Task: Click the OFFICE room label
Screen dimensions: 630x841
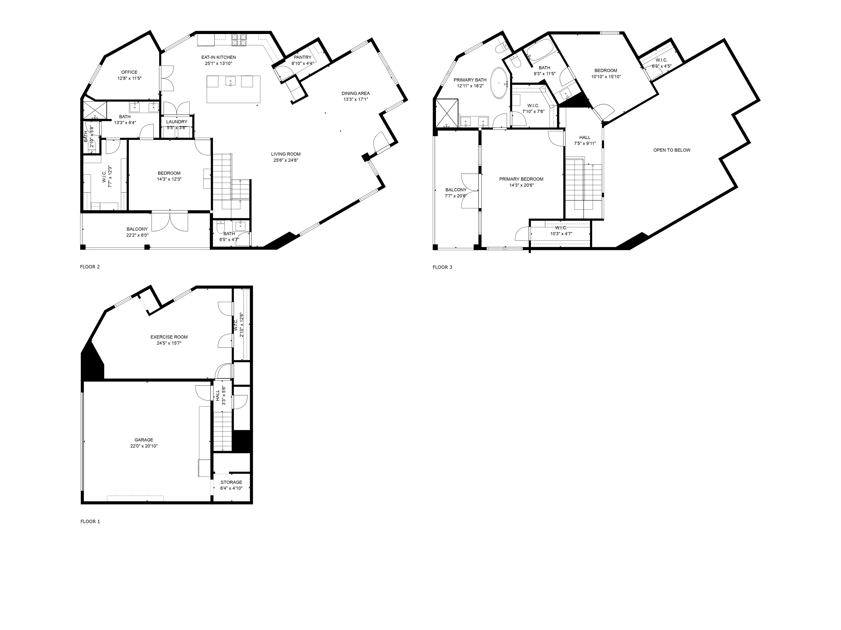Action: pos(129,72)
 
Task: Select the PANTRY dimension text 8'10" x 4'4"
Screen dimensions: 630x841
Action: pos(302,63)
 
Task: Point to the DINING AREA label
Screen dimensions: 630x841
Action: pos(356,93)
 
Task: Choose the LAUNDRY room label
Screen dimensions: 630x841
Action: pos(176,122)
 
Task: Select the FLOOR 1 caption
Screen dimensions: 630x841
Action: pos(90,522)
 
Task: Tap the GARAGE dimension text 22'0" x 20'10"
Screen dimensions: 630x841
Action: pos(144,446)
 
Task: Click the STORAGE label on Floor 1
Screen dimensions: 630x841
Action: pos(231,482)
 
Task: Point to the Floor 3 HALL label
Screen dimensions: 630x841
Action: pos(585,138)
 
